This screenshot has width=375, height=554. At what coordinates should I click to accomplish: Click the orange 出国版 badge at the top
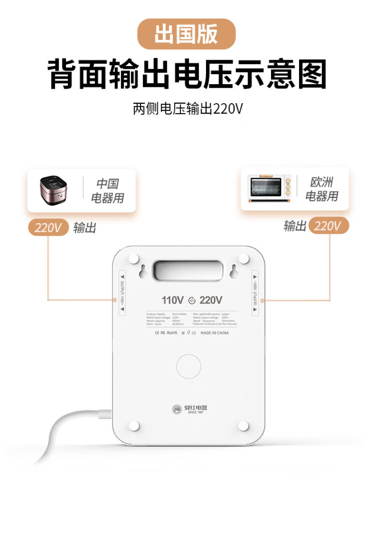(186, 34)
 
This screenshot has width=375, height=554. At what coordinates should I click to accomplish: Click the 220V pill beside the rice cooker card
(48, 227)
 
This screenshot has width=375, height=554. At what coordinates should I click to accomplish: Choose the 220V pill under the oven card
(328, 226)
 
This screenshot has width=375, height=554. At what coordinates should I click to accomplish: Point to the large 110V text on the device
(172, 300)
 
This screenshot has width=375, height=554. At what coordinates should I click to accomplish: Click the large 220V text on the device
(211, 300)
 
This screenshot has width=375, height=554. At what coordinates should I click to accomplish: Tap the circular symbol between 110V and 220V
(192, 301)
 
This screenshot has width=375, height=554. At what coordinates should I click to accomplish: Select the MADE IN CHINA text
(214, 333)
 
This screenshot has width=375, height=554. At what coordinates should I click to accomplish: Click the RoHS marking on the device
(171, 333)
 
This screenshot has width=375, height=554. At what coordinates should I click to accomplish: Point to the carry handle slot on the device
(187, 270)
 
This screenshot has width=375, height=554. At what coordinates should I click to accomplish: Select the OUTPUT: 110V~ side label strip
(121, 293)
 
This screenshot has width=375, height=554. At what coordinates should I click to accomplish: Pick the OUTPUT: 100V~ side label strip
(255, 293)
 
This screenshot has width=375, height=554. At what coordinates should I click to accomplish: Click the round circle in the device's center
(188, 366)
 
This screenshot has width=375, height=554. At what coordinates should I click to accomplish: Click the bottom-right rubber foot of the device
(243, 425)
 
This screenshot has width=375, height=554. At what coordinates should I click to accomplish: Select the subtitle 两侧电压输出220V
(187, 109)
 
